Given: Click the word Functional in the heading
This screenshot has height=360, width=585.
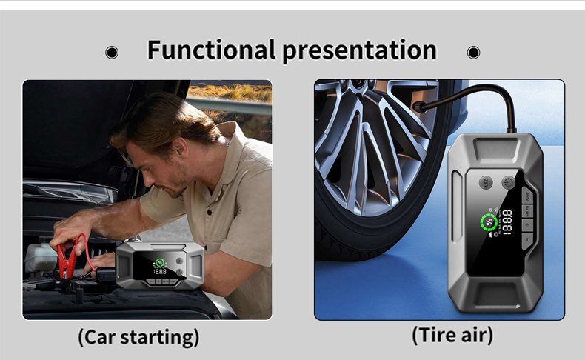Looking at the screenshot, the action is (x=212, y=49).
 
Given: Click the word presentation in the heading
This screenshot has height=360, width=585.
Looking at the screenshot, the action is (x=359, y=50).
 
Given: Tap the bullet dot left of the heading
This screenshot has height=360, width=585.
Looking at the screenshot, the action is (x=112, y=53).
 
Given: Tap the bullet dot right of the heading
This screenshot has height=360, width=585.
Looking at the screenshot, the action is (x=473, y=53).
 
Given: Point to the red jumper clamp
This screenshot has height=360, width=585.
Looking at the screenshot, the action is (x=67, y=258).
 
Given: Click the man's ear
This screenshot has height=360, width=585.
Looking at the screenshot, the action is (x=180, y=146).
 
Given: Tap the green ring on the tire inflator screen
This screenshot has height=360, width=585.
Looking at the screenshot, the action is (x=489, y=223).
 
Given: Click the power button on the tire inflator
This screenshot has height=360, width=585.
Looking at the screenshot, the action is (x=509, y=183).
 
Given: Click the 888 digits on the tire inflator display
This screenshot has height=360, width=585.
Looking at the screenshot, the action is (x=507, y=222).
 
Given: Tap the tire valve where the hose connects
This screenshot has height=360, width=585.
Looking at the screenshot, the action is (x=418, y=107).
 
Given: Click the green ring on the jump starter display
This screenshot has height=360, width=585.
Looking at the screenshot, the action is (x=160, y=263).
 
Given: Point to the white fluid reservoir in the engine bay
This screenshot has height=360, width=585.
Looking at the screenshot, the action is (x=40, y=258).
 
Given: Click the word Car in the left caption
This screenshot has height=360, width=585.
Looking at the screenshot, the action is (x=98, y=336).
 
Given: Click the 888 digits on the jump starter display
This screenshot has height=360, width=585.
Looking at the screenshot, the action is (x=160, y=271).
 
